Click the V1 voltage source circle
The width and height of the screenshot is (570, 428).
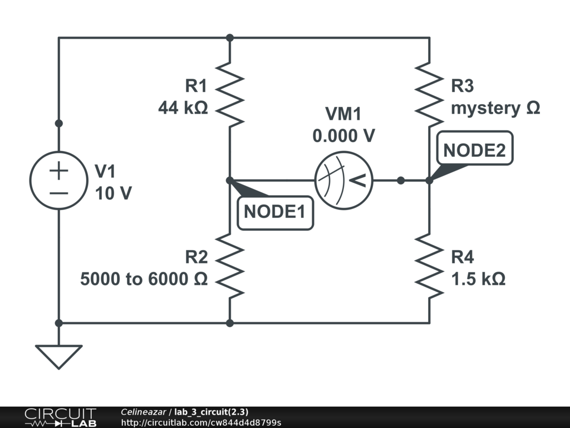coord(58,181)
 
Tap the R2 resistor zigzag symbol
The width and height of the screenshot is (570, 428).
coord(230,266)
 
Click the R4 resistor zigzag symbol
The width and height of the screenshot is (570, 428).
coord(429,266)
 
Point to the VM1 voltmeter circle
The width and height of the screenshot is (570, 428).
coord(343,181)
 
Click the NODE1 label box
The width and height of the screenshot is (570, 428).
coord(275,212)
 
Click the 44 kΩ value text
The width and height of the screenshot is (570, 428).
coord(183,108)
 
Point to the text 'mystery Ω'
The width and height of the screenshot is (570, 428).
coord(495,108)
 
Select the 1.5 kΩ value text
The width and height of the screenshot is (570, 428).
coord(478,279)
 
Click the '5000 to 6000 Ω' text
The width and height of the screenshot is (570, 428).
coord(144,279)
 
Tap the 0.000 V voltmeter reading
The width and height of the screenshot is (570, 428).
coord(343,135)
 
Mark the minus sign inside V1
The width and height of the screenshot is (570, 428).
coord(58,193)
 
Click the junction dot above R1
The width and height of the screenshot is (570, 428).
coord(230,38)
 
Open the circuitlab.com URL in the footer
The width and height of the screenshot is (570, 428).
coord(201,422)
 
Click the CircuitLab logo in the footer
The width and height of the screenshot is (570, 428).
coord(60,417)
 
